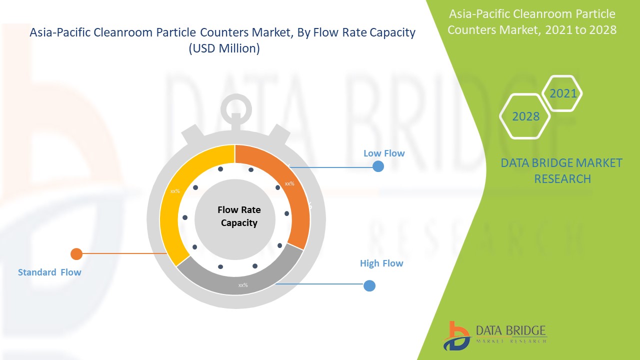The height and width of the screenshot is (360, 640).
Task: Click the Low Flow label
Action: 384,153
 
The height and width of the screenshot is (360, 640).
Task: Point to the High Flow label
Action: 381,263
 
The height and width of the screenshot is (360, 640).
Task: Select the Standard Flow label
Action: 49,272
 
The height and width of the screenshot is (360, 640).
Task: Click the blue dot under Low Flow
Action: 378,166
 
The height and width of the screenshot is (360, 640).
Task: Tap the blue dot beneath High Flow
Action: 369,285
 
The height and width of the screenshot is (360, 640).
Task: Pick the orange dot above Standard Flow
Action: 76,253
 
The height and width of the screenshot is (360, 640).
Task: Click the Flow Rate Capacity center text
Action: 239,216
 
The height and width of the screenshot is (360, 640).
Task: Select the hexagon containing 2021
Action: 563,93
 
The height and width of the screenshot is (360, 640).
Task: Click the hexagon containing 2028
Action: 525,116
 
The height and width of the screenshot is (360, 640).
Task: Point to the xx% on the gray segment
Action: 243,285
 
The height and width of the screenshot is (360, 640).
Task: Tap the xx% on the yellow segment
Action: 175,191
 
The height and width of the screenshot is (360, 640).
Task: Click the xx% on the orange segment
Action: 289,183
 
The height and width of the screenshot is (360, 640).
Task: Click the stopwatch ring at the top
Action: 235,107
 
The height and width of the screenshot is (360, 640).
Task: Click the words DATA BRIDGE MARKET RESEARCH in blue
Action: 562,170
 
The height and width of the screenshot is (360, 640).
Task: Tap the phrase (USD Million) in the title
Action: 223,49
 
